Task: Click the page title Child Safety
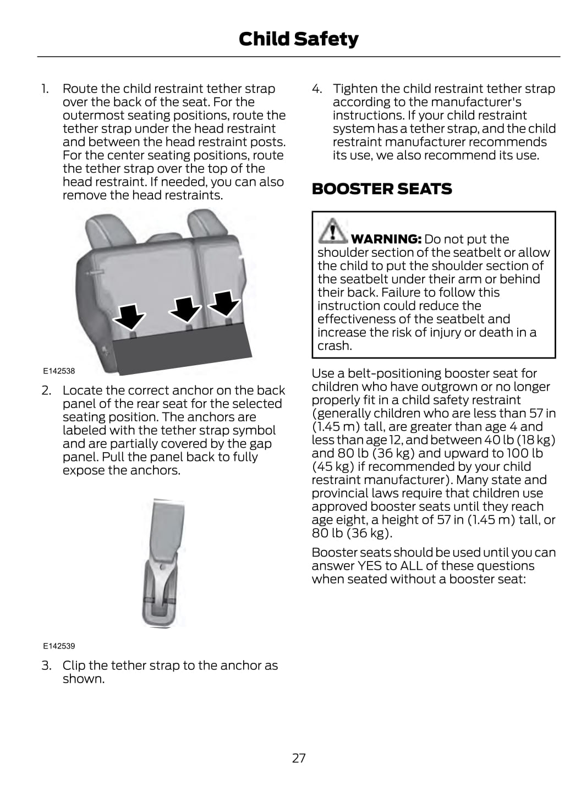click(x=298, y=39)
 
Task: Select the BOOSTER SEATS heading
click(x=382, y=189)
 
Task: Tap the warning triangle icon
click(x=332, y=231)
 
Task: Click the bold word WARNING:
click(x=386, y=239)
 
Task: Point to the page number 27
click(x=298, y=758)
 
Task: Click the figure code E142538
click(x=59, y=371)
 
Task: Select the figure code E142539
click(x=59, y=646)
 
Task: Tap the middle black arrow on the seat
click(x=185, y=309)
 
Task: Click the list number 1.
click(x=45, y=89)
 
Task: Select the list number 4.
click(x=317, y=89)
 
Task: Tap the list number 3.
click(x=46, y=666)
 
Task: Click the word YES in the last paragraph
click(x=370, y=566)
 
